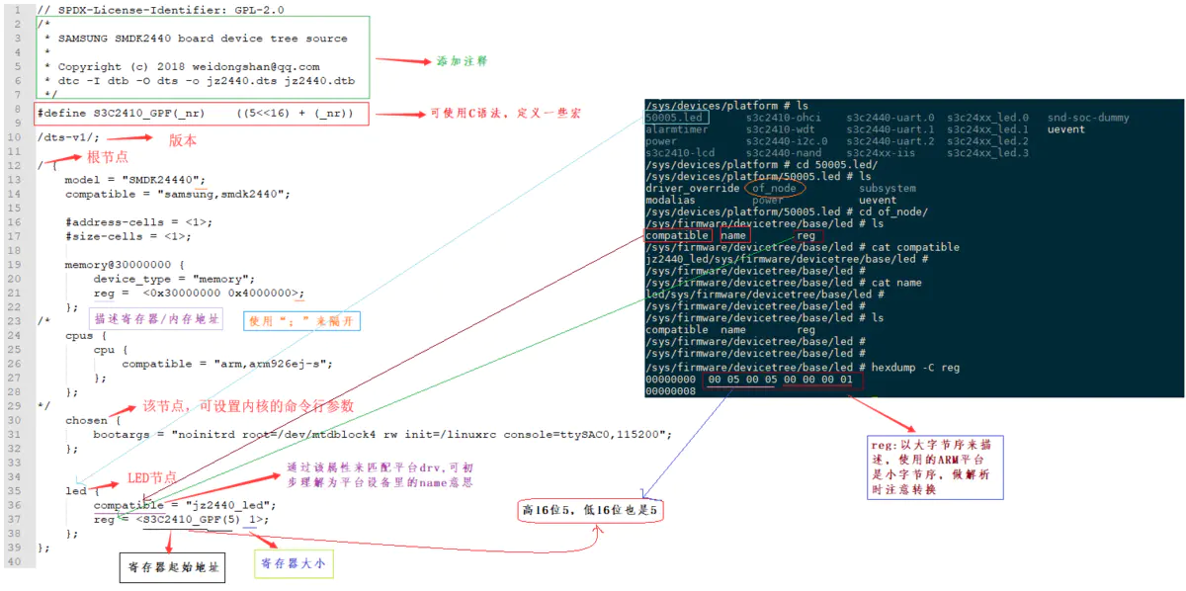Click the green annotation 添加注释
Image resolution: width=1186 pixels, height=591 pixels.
(x=463, y=60)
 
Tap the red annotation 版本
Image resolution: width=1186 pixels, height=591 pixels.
(x=183, y=140)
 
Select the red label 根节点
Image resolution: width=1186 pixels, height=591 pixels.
(x=108, y=157)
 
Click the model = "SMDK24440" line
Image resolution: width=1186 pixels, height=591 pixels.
(x=134, y=180)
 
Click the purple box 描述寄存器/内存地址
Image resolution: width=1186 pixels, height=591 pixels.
(x=157, y=319)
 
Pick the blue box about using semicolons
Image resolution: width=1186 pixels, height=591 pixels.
(x=302, y=321)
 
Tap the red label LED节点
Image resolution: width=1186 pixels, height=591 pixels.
(x=152, y=478)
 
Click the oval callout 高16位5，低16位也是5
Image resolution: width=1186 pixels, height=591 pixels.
(x=589, y=511)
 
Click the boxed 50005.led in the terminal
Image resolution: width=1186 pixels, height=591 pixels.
(x=674, y=118)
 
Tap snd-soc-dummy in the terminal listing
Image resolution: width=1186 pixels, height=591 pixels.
(x=1087, y=118)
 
